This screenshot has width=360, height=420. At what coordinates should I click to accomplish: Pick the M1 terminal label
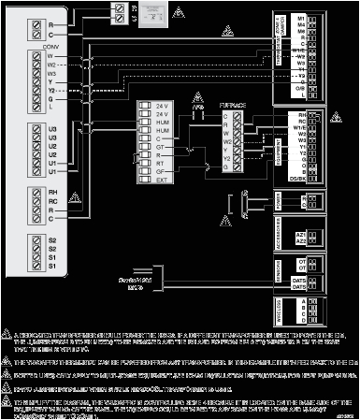300,18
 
